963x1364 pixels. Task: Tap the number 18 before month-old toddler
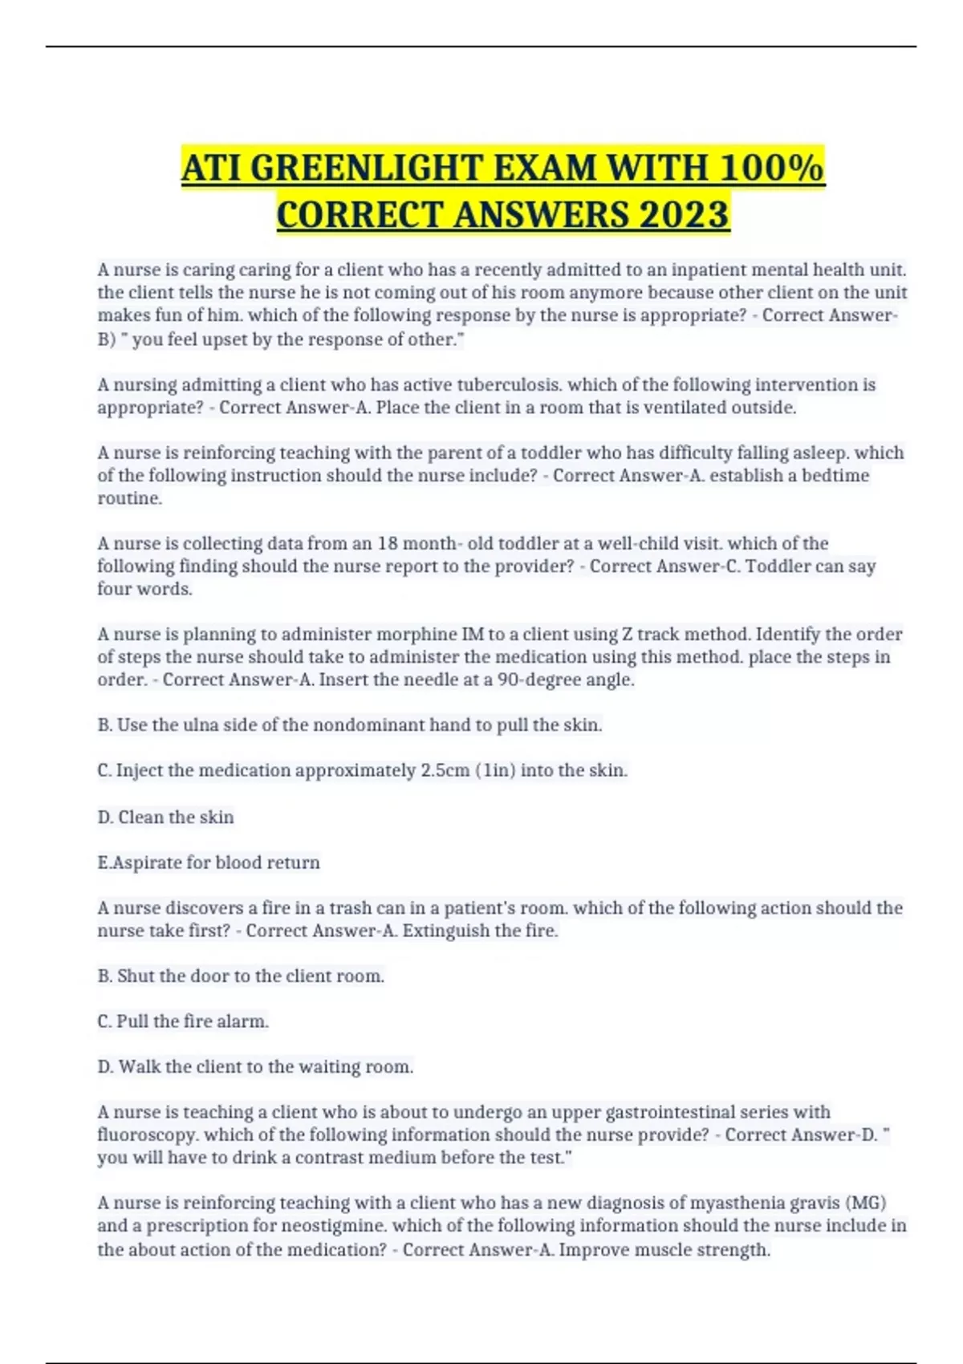pyautogui.click(x=388, y=544)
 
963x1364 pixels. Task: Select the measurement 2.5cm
pyautogui.click(x=445, y=771)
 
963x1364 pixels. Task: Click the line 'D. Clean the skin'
pyautogui.click(x=165, y=818)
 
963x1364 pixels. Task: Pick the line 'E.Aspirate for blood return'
pyautogui.click(x=209, y=863)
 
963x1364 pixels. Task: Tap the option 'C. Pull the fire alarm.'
pyautogui.click(x=183, y=1022)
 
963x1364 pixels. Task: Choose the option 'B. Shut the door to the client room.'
pyautogui.click(x=241, y=976)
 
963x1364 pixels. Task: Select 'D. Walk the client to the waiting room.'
pyautogui.click(x=255, y=1067)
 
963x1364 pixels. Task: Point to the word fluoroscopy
pyautogui.click(x=148, y=1135)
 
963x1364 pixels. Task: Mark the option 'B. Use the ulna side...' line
pyautogui.click(x=349, y=725)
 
